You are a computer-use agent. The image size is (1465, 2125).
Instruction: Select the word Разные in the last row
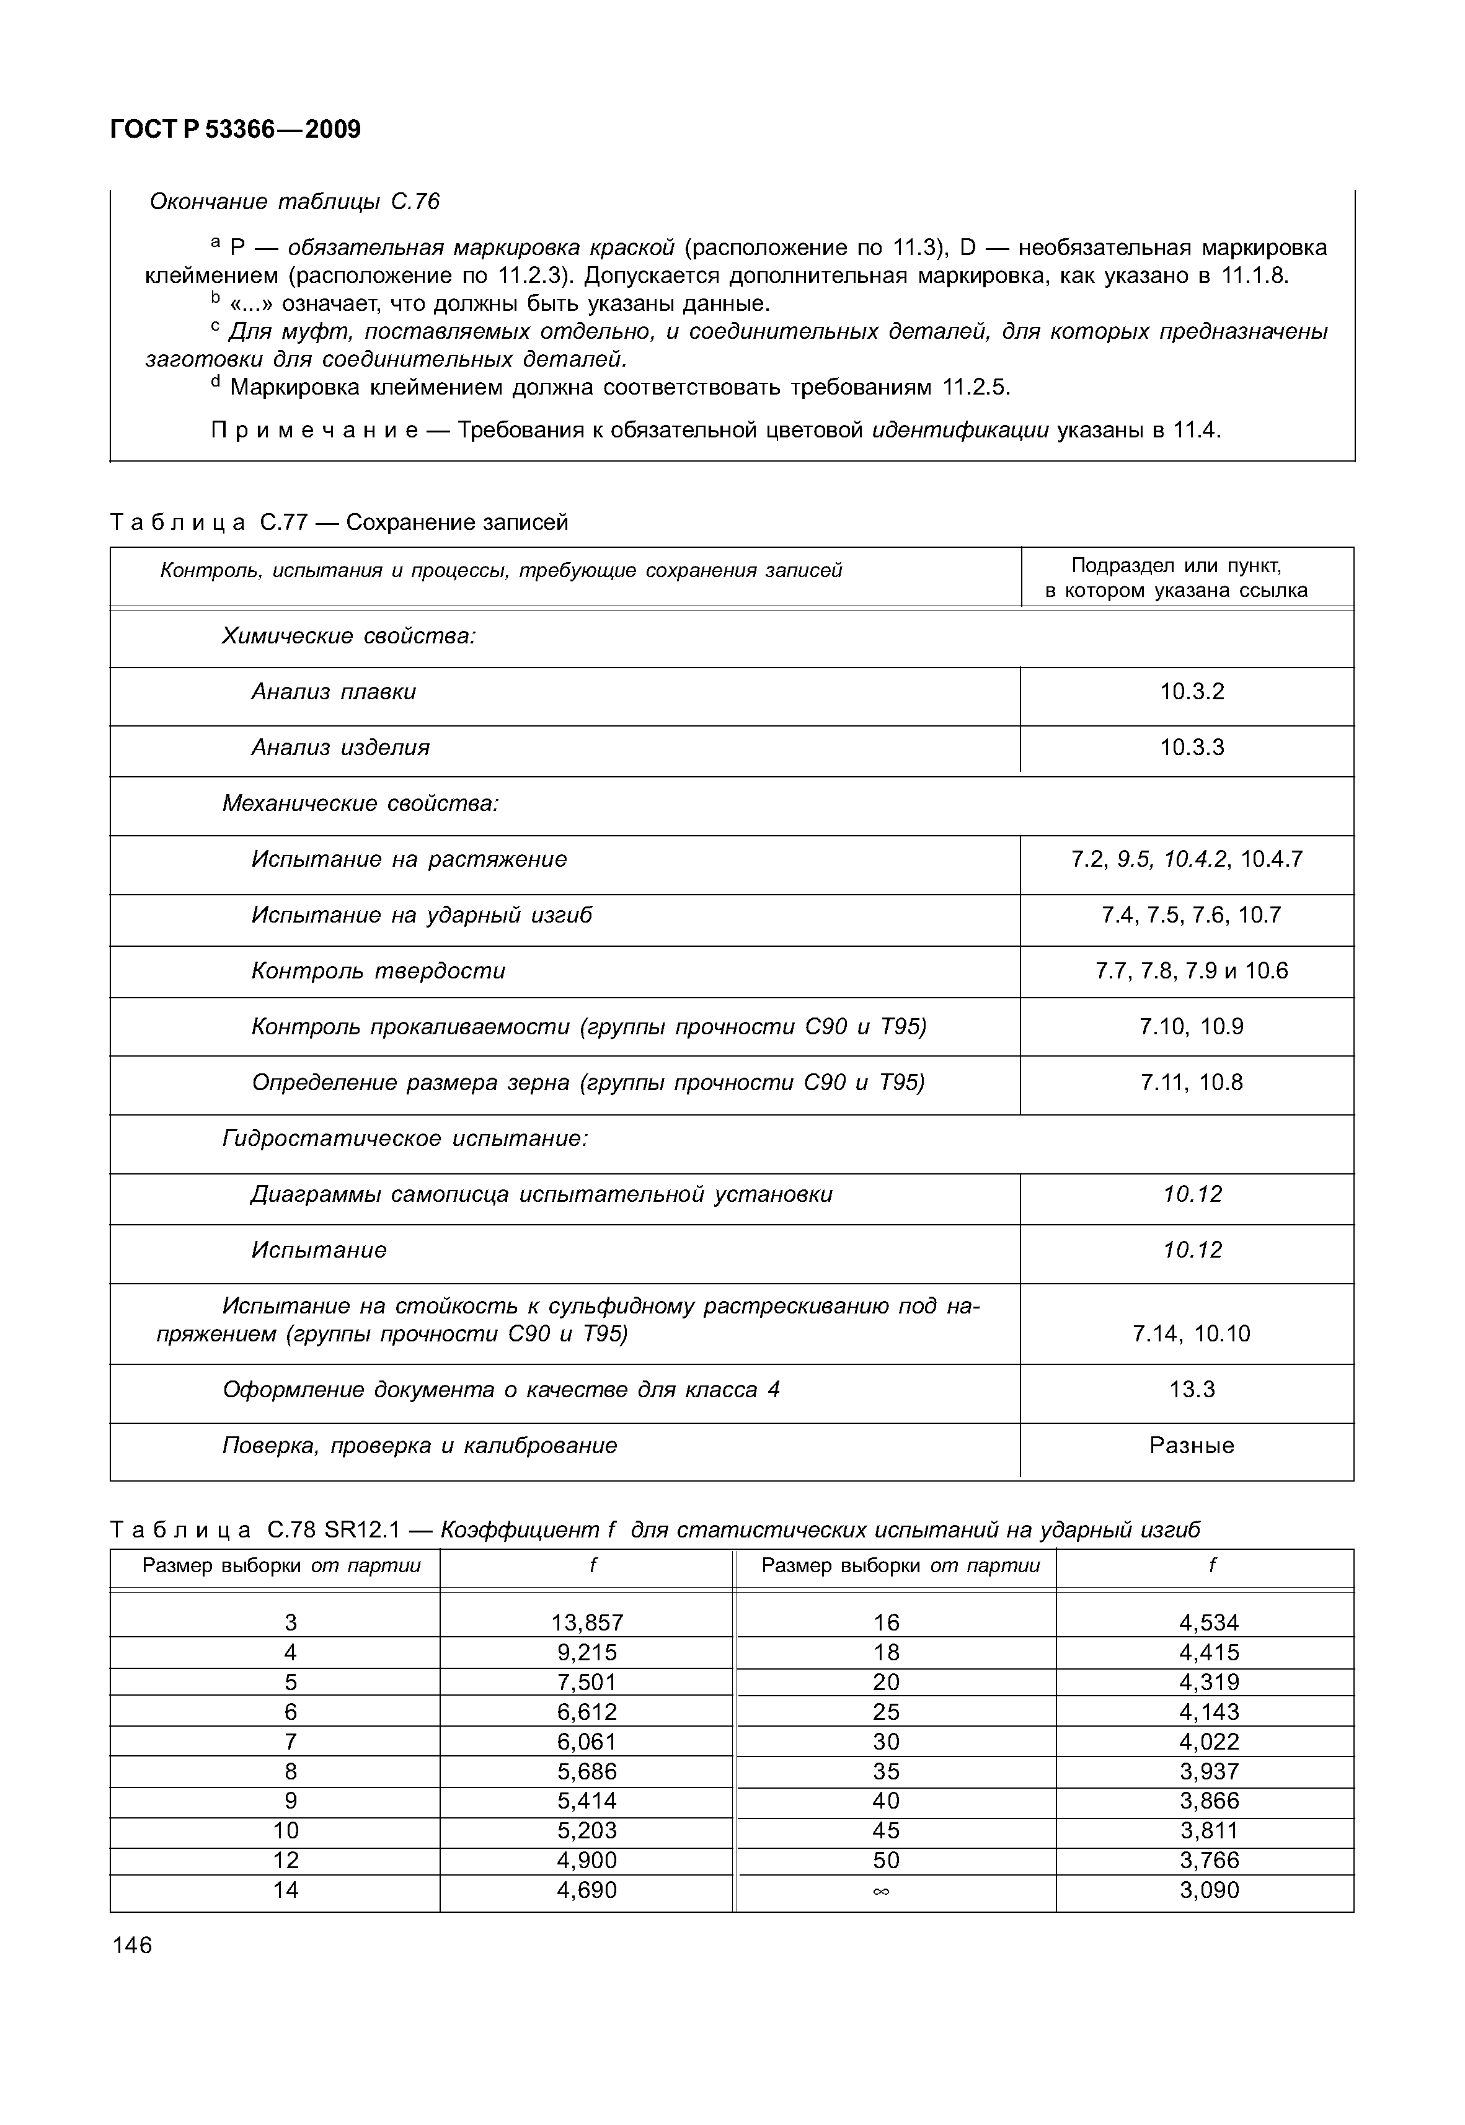(1192, 1446)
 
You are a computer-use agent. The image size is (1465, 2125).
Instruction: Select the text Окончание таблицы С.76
(294, 202)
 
